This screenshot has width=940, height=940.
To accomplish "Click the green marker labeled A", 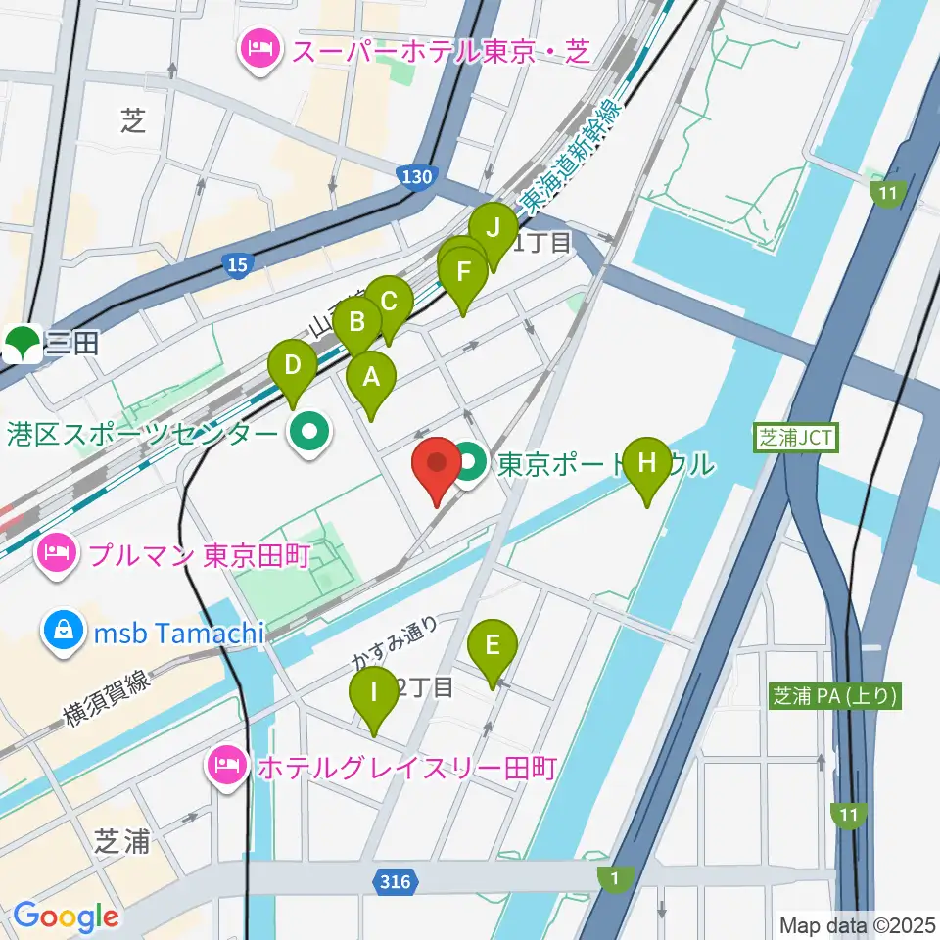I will pyautogui.click(x=370, y=376).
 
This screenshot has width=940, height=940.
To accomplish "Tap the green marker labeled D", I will pyautogui.click(x=293, y=366).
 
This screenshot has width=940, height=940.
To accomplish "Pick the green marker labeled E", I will pyautogui.click(x=493, y=645).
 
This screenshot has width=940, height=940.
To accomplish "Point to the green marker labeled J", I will pyautogui.click(x=493, y=229).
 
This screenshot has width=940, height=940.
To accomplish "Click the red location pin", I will pyautogui.click(x=437, y=464).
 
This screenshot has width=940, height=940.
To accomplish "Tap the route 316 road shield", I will pyautogui.click(x=393, y=882).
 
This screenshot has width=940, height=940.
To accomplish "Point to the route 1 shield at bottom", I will pyautogui.click(x=614, y=879).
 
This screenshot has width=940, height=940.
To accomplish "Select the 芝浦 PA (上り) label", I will pyautogui.click(x=833, y=696).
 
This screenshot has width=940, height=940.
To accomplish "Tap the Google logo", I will pyautogui.click(x=66, y=916).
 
